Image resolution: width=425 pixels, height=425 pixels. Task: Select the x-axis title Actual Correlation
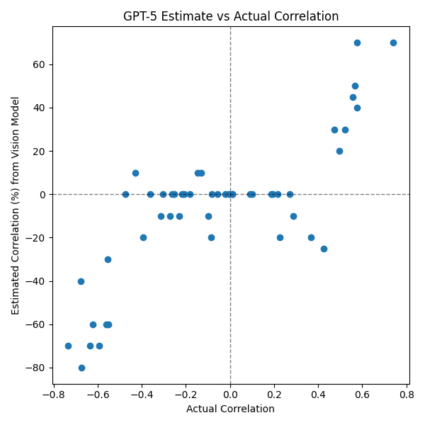[x=230, y=409]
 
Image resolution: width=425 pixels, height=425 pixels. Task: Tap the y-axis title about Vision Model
[x=16, y=205]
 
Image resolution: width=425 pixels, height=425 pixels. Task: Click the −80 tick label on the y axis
[x=36, y=368]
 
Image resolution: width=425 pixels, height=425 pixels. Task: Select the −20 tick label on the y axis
[x=36, y=238]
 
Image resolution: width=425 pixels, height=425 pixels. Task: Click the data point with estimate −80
[x=81, y=368]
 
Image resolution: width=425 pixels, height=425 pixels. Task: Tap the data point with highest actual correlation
[x=393, y=42]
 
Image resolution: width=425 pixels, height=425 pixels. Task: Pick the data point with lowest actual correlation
[x=68, y=346]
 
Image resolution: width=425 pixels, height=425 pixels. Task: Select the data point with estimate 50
[x=355, y=86]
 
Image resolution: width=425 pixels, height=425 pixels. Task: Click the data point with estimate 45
[x=353, y=97]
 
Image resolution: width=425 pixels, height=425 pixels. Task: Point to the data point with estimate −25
[x=324, y=249]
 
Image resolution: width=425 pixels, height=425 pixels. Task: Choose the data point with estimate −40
[x=81, y=281]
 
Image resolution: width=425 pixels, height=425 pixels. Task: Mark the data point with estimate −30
[x=108, y=259]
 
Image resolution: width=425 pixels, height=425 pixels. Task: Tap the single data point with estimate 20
[x=339, y=151]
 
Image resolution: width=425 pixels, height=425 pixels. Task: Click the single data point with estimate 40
[x=357, y=108]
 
